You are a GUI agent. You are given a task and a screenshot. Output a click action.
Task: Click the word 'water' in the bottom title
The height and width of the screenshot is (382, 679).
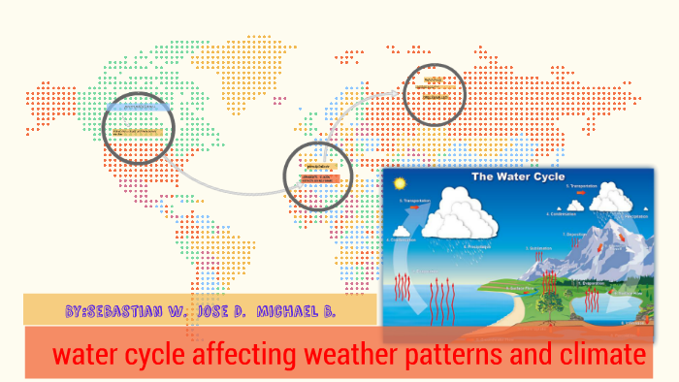[81, 355]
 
